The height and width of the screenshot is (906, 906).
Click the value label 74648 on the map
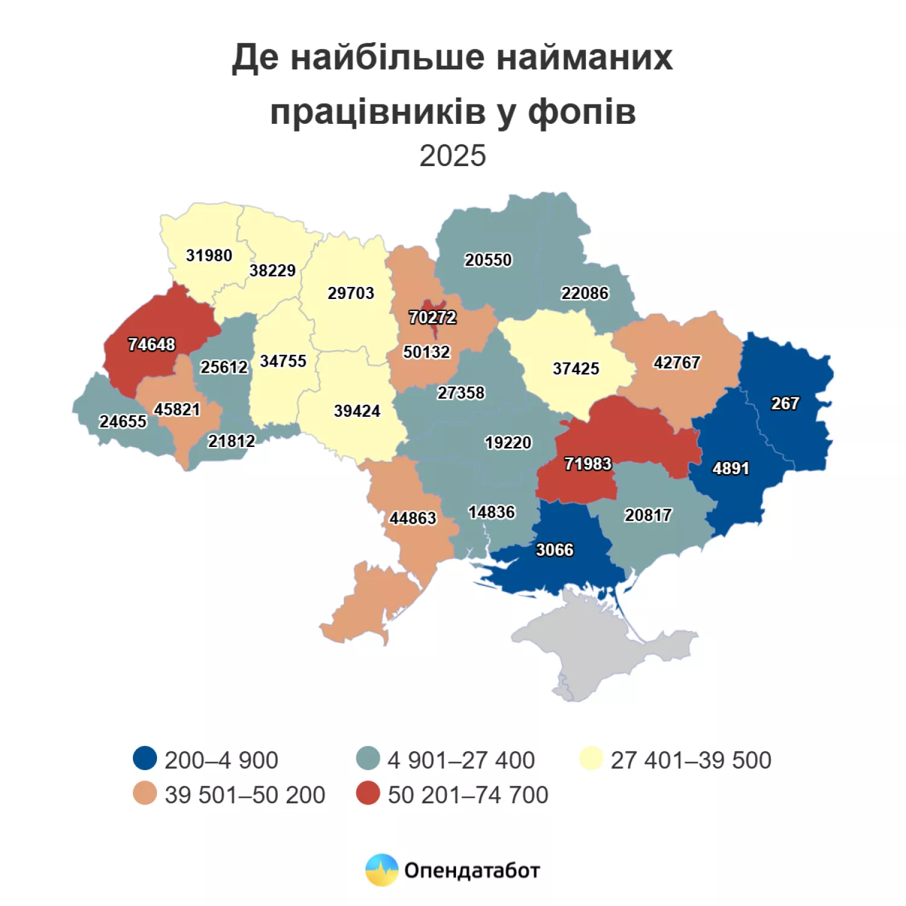click(x=152, y=344)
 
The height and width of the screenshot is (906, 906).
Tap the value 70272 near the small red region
click(x=432, y=317)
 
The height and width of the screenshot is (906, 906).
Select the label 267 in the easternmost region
click(x=785, y=403)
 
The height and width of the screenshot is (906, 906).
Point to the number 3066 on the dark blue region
click(x=554, y=550)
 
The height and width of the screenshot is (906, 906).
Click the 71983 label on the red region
click(x=588, y=463)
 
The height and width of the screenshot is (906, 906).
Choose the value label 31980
click(x=209, y=255)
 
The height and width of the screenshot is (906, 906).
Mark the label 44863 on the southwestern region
click(x=413, y=518)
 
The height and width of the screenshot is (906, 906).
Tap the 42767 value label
click(x=676, y=362)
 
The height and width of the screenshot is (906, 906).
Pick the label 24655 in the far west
click(x=123, y=421)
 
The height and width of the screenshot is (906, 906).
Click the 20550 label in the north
click(x=488, y=260)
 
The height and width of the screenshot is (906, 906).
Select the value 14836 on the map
click(x=492, y=512)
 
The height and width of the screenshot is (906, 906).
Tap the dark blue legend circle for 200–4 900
click(x=145, y=759)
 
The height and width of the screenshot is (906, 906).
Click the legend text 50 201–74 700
click(x=467, y=795)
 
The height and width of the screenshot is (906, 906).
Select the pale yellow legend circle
click(x=591, y=759)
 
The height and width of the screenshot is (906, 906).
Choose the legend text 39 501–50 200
click(x=245, y=795)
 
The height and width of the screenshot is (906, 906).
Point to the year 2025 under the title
click(x=452, y=156)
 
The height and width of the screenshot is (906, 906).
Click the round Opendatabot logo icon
click(x=382, y=870)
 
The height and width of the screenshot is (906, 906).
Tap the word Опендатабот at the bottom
click(x=472, y=870)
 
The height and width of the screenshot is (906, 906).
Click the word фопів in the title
click(x=582, y=112)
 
